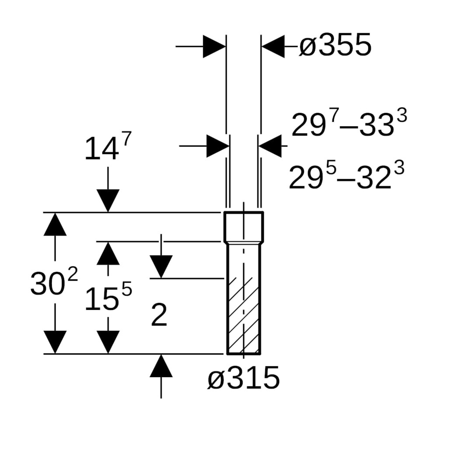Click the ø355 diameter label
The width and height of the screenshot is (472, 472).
click(335, 45)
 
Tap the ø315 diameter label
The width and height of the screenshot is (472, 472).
click(244, 378)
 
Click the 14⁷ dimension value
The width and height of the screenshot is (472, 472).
click(108, 146)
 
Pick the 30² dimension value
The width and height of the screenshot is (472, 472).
click(54, 281)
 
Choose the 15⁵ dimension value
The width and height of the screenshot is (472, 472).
click(108, 296)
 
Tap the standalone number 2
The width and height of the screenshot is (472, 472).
click(159, 315)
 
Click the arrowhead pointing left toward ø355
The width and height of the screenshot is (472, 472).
click(273, 46)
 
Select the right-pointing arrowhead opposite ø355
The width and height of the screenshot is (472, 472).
click(214, 46)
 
